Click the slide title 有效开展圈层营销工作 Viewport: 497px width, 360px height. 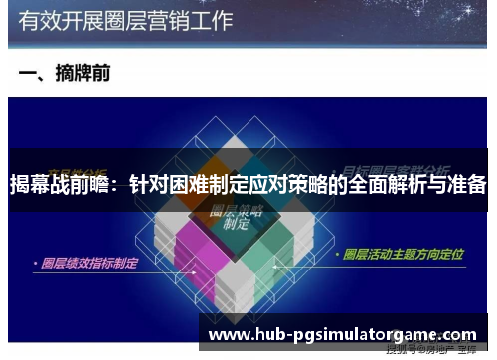point(124,19)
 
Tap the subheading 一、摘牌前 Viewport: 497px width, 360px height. point(65,73)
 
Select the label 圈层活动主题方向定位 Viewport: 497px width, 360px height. point(403,255)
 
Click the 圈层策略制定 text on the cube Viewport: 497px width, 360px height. point(234,219)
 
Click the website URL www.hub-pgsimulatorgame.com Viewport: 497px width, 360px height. point(343,332)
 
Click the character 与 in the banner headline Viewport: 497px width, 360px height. point(434,184)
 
